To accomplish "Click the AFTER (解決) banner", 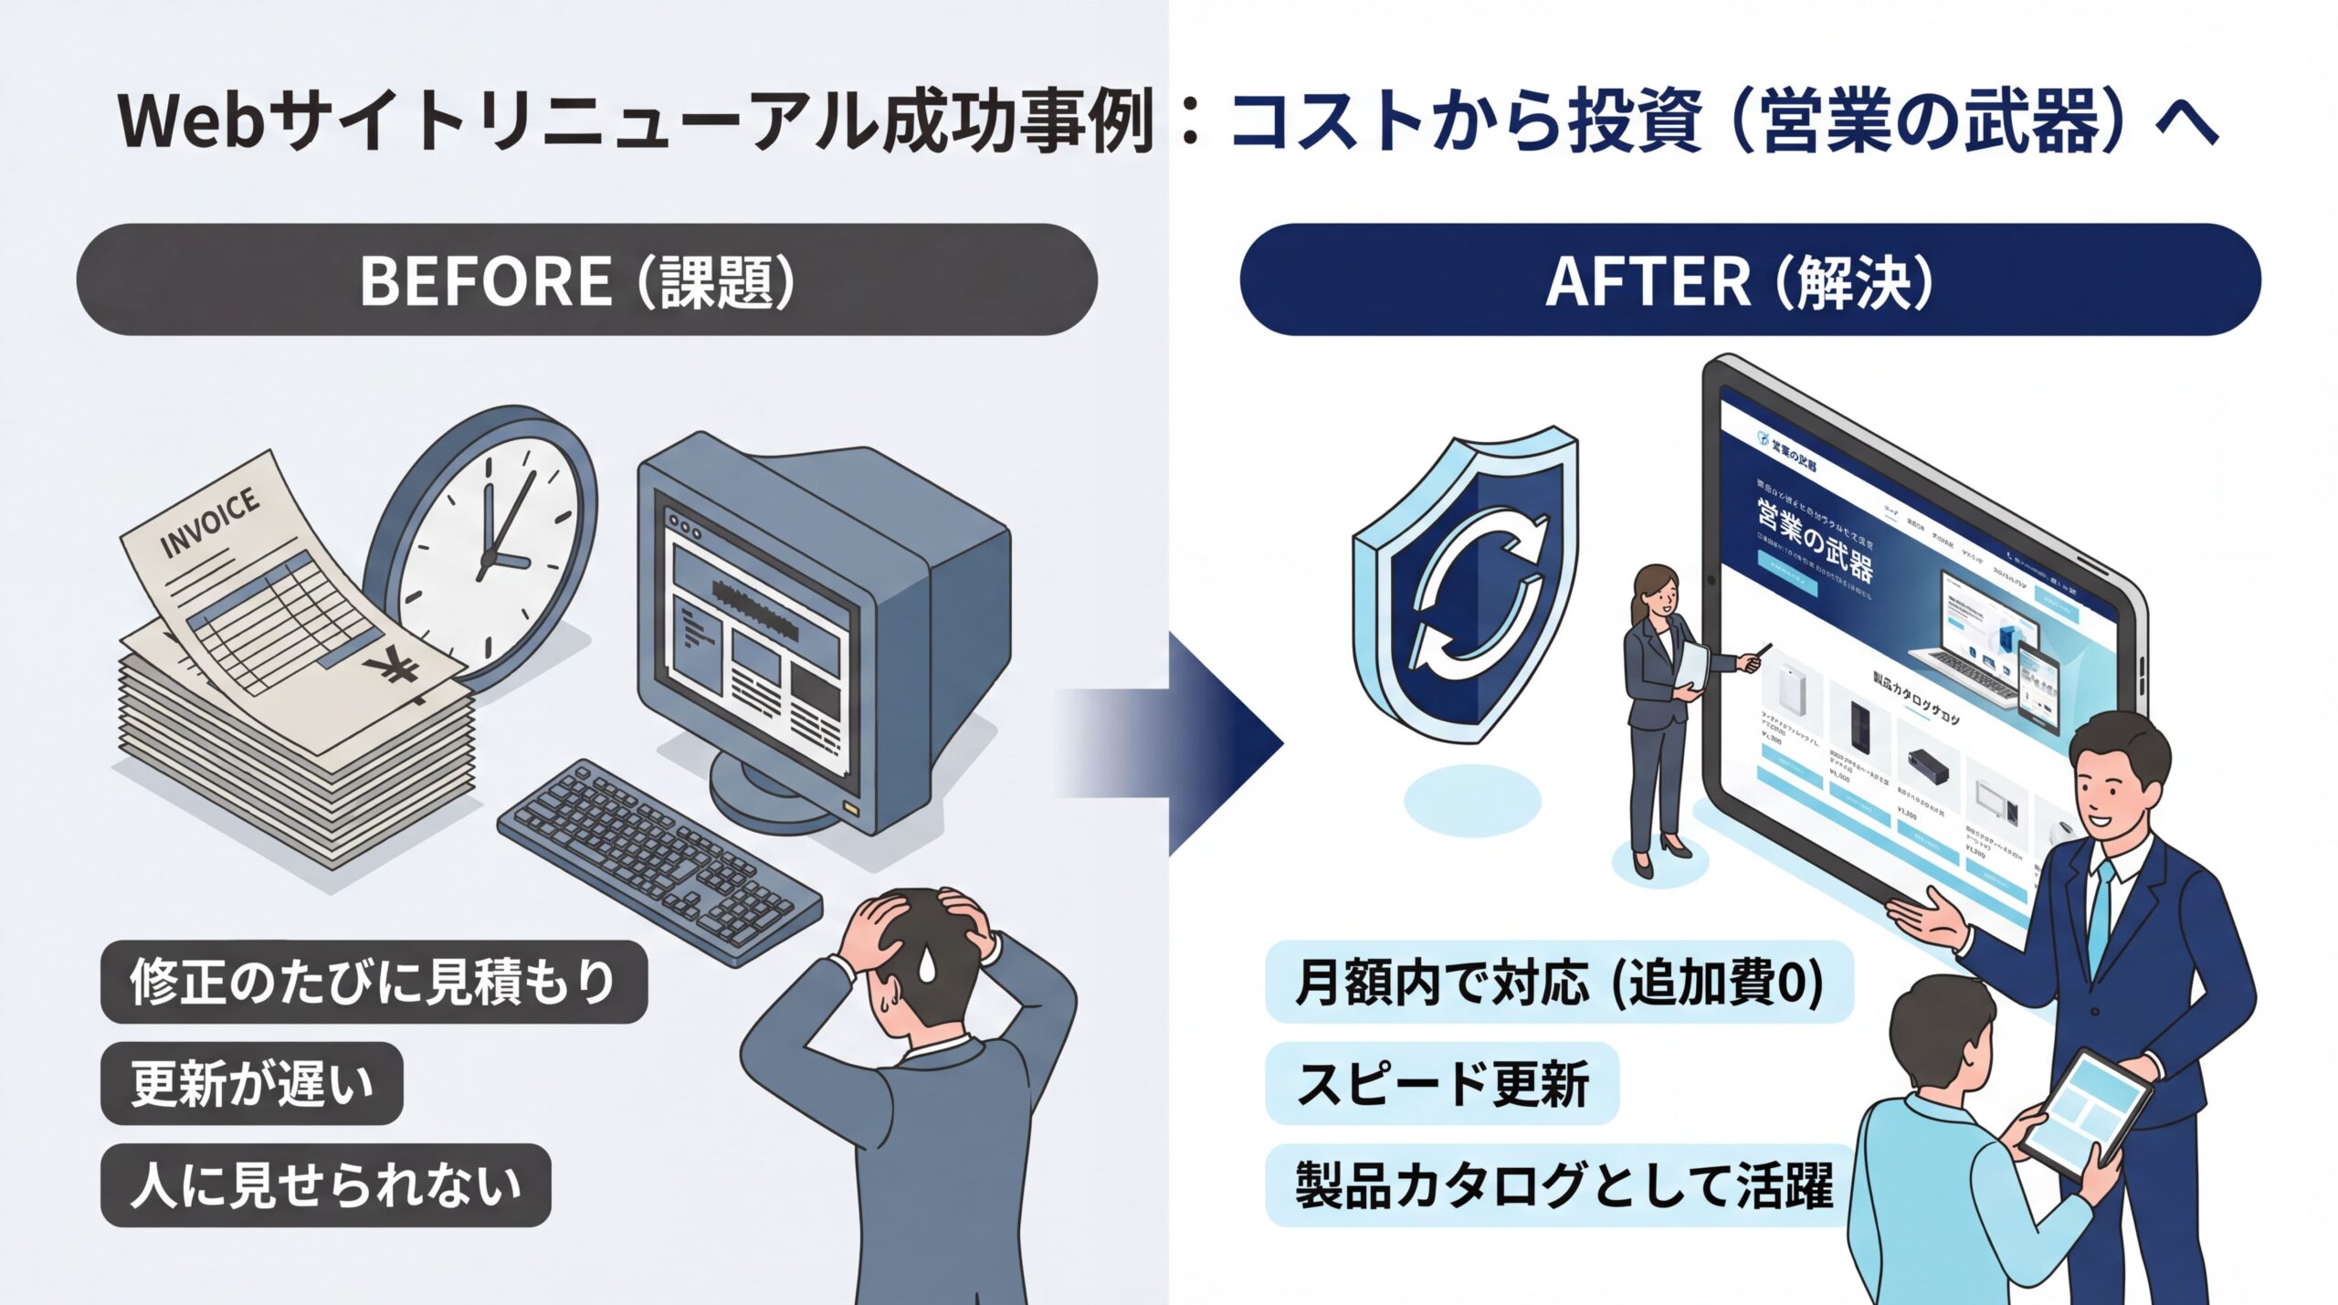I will [x=1749, y=280].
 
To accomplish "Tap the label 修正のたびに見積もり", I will [x=374, y=982].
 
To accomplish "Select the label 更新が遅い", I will [x=252, y=1084].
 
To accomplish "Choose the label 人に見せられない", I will [x=325, y=1185].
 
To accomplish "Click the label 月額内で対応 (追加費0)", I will [x=1558, y=983].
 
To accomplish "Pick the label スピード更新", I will [x=1441, y=1084].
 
